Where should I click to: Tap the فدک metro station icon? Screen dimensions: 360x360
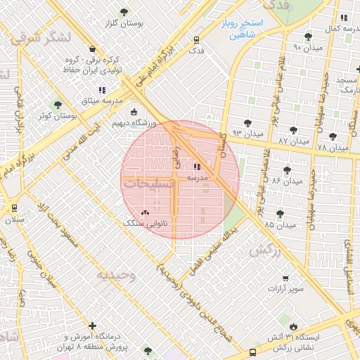point(196,40)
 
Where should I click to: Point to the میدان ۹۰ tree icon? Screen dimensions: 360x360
point(307,37)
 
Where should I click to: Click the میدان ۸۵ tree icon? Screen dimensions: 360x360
point(280,214)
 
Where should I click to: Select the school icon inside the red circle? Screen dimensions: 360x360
point(196,167)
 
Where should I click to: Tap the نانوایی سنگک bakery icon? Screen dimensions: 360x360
point(145,212)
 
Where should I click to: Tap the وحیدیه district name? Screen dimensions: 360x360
point(117,274)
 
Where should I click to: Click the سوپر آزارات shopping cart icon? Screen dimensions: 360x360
point(285,278)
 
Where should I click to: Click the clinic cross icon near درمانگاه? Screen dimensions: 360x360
point(92,326)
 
